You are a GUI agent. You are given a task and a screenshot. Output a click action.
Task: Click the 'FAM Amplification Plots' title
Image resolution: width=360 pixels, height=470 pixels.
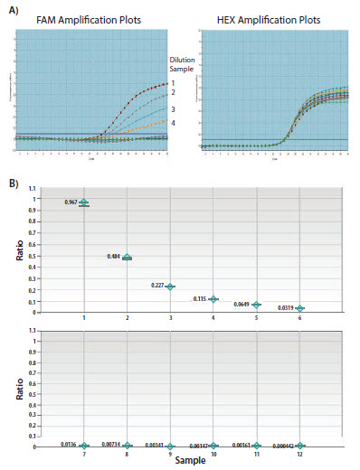(x=88, y=21)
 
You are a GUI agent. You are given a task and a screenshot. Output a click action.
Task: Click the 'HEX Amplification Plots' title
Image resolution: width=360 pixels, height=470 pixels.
(x=269, y=21)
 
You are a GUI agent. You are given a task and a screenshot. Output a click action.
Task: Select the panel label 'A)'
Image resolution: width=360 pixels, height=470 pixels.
(x=14, y=8)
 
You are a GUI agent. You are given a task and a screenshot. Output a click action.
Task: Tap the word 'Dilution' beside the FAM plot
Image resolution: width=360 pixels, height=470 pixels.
(x=185, y=61)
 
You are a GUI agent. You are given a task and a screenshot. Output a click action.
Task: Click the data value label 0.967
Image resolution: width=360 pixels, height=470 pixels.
(x=71, y=202)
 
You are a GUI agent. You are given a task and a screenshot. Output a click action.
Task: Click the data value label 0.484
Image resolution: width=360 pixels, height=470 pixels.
(x=115, y=257)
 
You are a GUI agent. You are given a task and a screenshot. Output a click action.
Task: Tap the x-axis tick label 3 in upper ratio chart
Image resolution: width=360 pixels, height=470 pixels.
(x=171, y=318)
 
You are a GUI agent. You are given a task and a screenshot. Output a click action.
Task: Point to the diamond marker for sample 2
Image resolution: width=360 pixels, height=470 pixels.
(x=128, y=258)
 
